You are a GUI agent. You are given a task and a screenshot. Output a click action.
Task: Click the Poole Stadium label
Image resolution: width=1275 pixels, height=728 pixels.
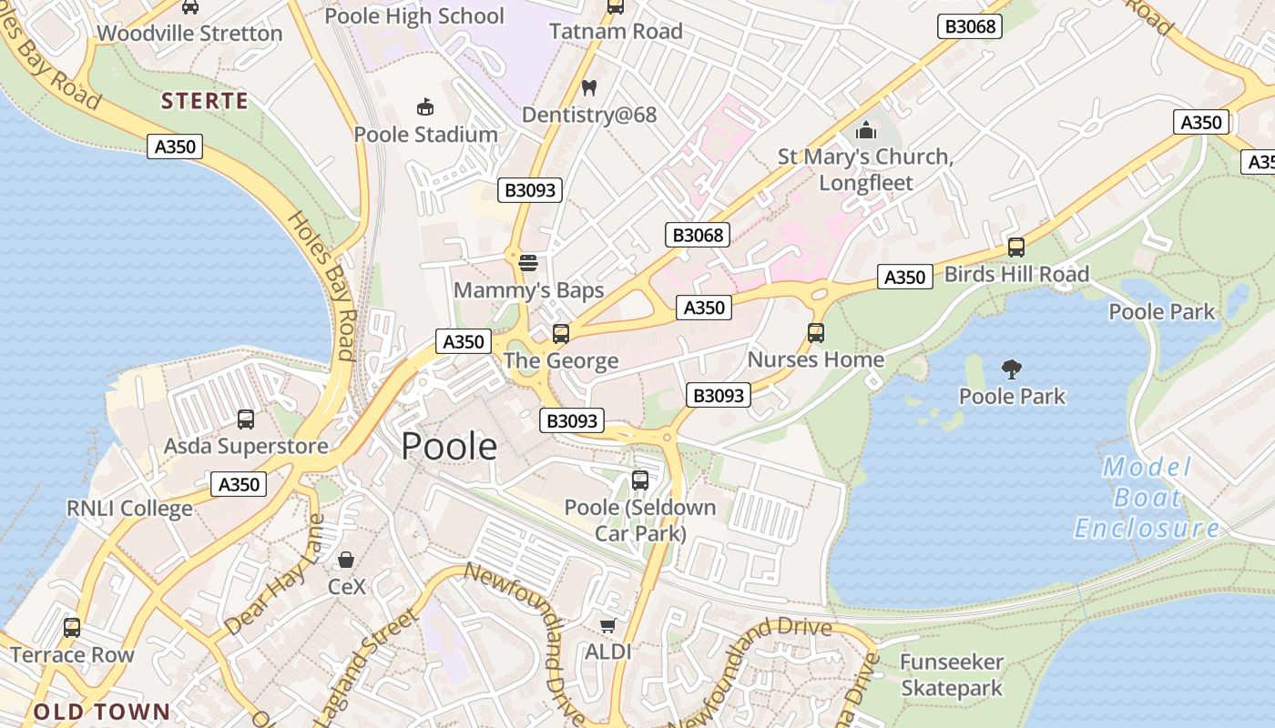[x=425, y=135]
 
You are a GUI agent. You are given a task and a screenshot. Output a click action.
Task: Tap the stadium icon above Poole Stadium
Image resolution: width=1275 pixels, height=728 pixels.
[x=425, y=107]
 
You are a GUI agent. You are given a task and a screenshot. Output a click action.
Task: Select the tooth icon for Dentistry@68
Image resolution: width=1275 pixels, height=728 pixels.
[x=588, y=88]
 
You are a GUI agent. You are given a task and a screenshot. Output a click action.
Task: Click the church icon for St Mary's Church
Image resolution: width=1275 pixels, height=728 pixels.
[x=865, y=130]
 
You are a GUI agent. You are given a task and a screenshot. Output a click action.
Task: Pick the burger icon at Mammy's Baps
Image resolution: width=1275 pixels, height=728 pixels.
[x=528, y=264]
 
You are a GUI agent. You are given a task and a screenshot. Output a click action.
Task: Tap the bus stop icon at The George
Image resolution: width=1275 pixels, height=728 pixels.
[x=561, y=334]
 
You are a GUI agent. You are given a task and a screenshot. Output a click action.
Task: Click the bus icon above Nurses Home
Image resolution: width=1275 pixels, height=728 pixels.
[x=816, y=333]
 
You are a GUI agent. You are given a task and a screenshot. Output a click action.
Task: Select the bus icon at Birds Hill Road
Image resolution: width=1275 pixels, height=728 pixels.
[x=1016, y=248]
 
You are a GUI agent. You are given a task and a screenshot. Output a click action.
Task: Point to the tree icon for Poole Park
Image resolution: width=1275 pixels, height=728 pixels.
[x=1011, y=369]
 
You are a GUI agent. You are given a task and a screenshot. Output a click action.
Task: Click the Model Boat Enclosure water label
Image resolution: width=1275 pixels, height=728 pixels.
[x=1147, y=498]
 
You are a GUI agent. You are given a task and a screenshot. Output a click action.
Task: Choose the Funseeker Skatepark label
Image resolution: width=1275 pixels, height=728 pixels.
[x=952, y=675]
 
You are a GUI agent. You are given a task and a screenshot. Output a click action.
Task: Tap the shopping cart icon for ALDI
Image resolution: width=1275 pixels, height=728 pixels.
[x=607, y=625]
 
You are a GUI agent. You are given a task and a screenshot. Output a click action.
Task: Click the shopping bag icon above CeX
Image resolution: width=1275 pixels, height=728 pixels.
[x=346, y=559]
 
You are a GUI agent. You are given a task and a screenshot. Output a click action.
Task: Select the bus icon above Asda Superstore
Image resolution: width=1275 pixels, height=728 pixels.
[x=246, y=420]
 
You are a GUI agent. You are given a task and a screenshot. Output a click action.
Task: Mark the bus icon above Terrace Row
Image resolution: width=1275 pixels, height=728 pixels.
[x=72, y=628]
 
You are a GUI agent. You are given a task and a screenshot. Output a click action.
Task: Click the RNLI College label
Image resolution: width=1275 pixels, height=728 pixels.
[x=129, y=508]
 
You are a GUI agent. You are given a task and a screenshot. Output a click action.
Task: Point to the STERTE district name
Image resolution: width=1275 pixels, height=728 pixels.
[x=205, y=101]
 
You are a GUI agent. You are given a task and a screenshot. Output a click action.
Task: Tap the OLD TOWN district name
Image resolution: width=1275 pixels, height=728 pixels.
[x=102, y=712]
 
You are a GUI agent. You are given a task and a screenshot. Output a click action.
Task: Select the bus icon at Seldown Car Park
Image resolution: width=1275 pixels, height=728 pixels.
[x=640, y=480]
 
